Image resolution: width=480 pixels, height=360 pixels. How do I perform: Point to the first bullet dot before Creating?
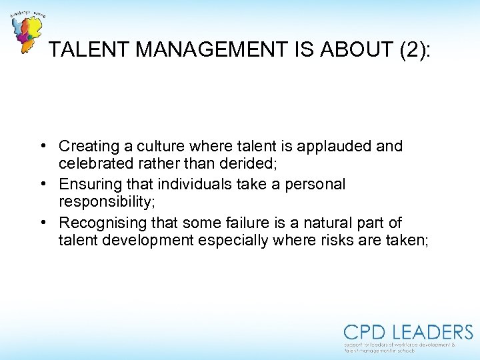(x=42, y=146)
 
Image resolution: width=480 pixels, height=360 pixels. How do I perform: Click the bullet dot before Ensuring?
(x=42, y=184)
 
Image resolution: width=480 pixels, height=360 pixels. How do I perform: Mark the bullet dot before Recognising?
(x=42, y=222)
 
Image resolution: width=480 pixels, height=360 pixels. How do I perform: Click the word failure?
(x=250, y=222)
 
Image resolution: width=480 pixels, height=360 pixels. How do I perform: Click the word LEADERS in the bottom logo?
(x=431, y=332)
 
